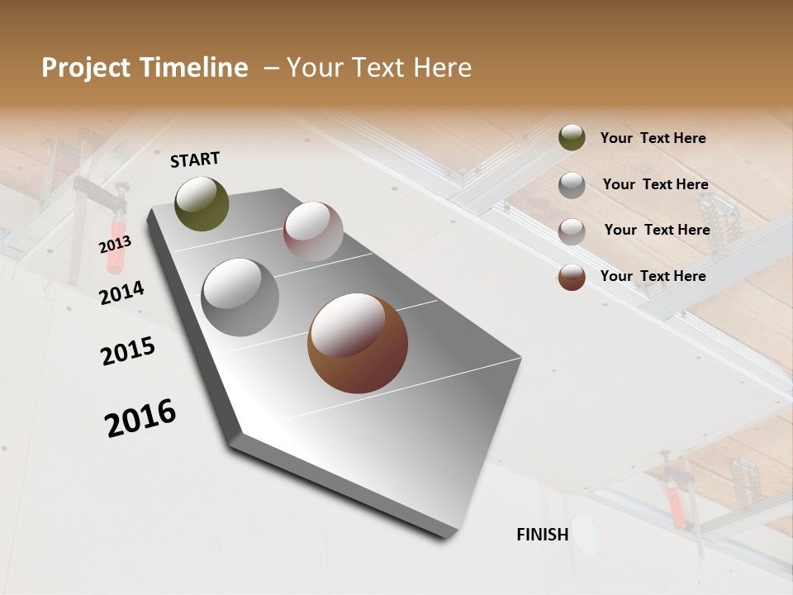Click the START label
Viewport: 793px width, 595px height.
[195, 159]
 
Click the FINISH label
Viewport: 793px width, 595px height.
[543, 535]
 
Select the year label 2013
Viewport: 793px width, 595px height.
[115, 245]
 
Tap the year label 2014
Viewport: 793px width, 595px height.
[121, 293]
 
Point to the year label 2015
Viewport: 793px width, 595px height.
[128, 351]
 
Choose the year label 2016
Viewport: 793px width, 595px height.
[140, 418]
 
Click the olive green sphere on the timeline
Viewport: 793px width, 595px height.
[202, 203]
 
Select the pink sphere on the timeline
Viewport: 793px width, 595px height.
[313, 231]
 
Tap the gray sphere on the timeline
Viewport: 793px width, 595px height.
[240, 297]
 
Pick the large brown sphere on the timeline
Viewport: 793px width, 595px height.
[358, 343]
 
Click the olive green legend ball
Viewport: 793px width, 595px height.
[572, 138]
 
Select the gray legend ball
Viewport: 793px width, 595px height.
[572, 185]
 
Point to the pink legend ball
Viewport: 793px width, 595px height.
[572, 231]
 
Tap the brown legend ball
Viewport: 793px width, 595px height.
[572, 277]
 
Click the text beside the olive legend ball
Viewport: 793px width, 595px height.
[653, 139]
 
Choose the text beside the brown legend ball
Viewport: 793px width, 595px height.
[653, 276]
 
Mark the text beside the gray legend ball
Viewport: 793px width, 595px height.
[655, 185]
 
